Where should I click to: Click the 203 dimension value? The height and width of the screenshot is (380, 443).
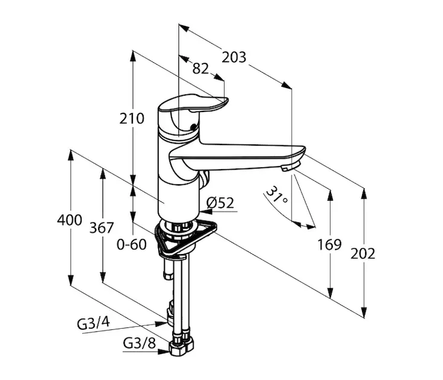(234, 57)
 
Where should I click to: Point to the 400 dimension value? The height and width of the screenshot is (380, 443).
(70, 220)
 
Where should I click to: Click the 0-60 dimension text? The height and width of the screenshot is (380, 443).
(132, 243)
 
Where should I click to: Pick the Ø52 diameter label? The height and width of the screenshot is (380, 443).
(221, 203)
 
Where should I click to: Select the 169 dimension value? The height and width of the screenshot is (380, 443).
(330, 244)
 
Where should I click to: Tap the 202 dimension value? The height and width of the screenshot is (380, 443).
(363, 253)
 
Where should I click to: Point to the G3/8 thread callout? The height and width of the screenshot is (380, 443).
(139, 344)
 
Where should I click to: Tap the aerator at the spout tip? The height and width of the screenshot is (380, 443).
(289, 167)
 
